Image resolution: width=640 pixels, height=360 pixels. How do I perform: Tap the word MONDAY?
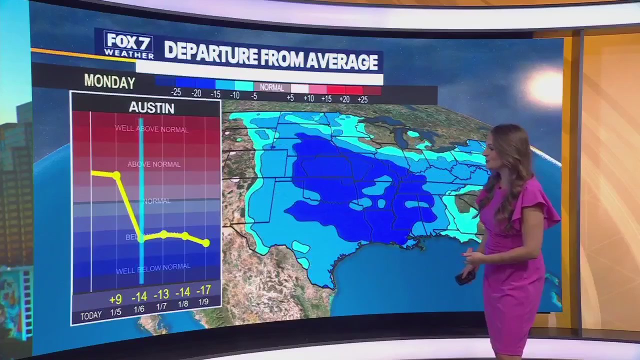click(109, 81)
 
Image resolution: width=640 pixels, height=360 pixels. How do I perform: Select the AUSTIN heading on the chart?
click(151, 108)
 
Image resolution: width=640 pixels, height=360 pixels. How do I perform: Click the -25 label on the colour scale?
click(175, 92)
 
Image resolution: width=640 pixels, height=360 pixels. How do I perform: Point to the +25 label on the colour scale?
click(362, 99)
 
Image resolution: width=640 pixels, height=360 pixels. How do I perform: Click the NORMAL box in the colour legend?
click(271, 87)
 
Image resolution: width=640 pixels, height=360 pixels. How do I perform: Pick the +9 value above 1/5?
click(115, 299)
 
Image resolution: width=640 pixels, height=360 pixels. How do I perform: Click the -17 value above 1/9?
click(203, 290)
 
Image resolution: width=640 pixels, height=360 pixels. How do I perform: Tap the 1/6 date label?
click(139, 309)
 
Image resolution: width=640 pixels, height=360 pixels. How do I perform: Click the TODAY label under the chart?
click(91, 315)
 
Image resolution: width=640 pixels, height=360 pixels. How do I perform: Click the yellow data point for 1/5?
click(116, 175)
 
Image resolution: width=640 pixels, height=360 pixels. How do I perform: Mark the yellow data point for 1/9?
click(206, 243)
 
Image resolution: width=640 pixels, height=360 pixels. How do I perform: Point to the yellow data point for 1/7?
click(163, 234)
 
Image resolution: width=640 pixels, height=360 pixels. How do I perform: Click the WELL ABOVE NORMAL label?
click(151, 129)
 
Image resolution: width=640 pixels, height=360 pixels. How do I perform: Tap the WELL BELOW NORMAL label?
click(153, 269)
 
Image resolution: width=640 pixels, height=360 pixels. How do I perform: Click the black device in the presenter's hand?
click(464, 277)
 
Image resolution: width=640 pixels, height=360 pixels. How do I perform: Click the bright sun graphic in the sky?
click(545, 86)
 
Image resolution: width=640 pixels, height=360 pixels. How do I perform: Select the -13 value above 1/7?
click(161, 293)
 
